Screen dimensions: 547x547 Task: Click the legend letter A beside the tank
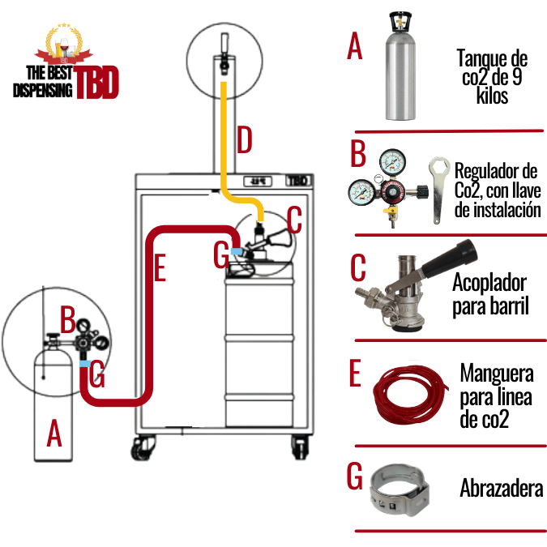(354, 47)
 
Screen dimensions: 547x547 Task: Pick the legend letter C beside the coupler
(357, 273)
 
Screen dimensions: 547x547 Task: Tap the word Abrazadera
(501, 489)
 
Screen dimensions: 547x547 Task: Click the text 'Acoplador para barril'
(489, 295)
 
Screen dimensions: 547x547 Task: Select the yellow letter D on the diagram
(244, 140)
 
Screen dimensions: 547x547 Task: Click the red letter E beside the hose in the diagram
(160, 269)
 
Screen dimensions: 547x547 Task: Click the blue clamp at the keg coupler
(237, 252)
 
